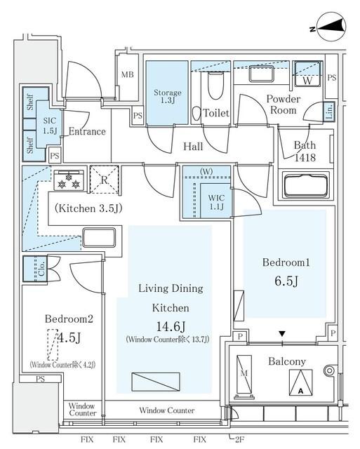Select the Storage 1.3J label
point(167,97)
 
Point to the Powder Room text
point(284,105)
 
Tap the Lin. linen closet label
point(329,112)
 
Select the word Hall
point(193,147)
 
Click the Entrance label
point(87,131)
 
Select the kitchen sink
point(99,236)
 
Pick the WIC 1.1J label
point(215,201)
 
